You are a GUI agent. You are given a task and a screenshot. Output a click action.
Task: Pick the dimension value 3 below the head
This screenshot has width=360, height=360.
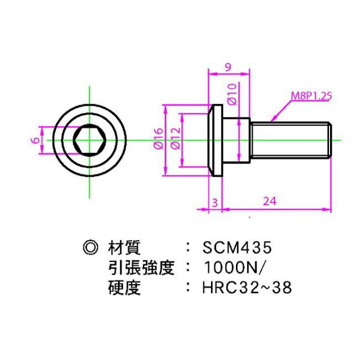pyautogui.click(x=214, y=202)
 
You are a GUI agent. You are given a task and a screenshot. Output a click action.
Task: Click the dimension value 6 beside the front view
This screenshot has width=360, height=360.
pyautogui.click(x=35, y=140)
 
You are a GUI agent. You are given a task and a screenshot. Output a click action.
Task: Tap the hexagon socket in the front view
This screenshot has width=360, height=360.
pyautogui.click(x=88, y=140)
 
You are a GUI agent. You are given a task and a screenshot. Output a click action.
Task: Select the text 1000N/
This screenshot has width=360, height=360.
pyautogui.click(x=235, y=268)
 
